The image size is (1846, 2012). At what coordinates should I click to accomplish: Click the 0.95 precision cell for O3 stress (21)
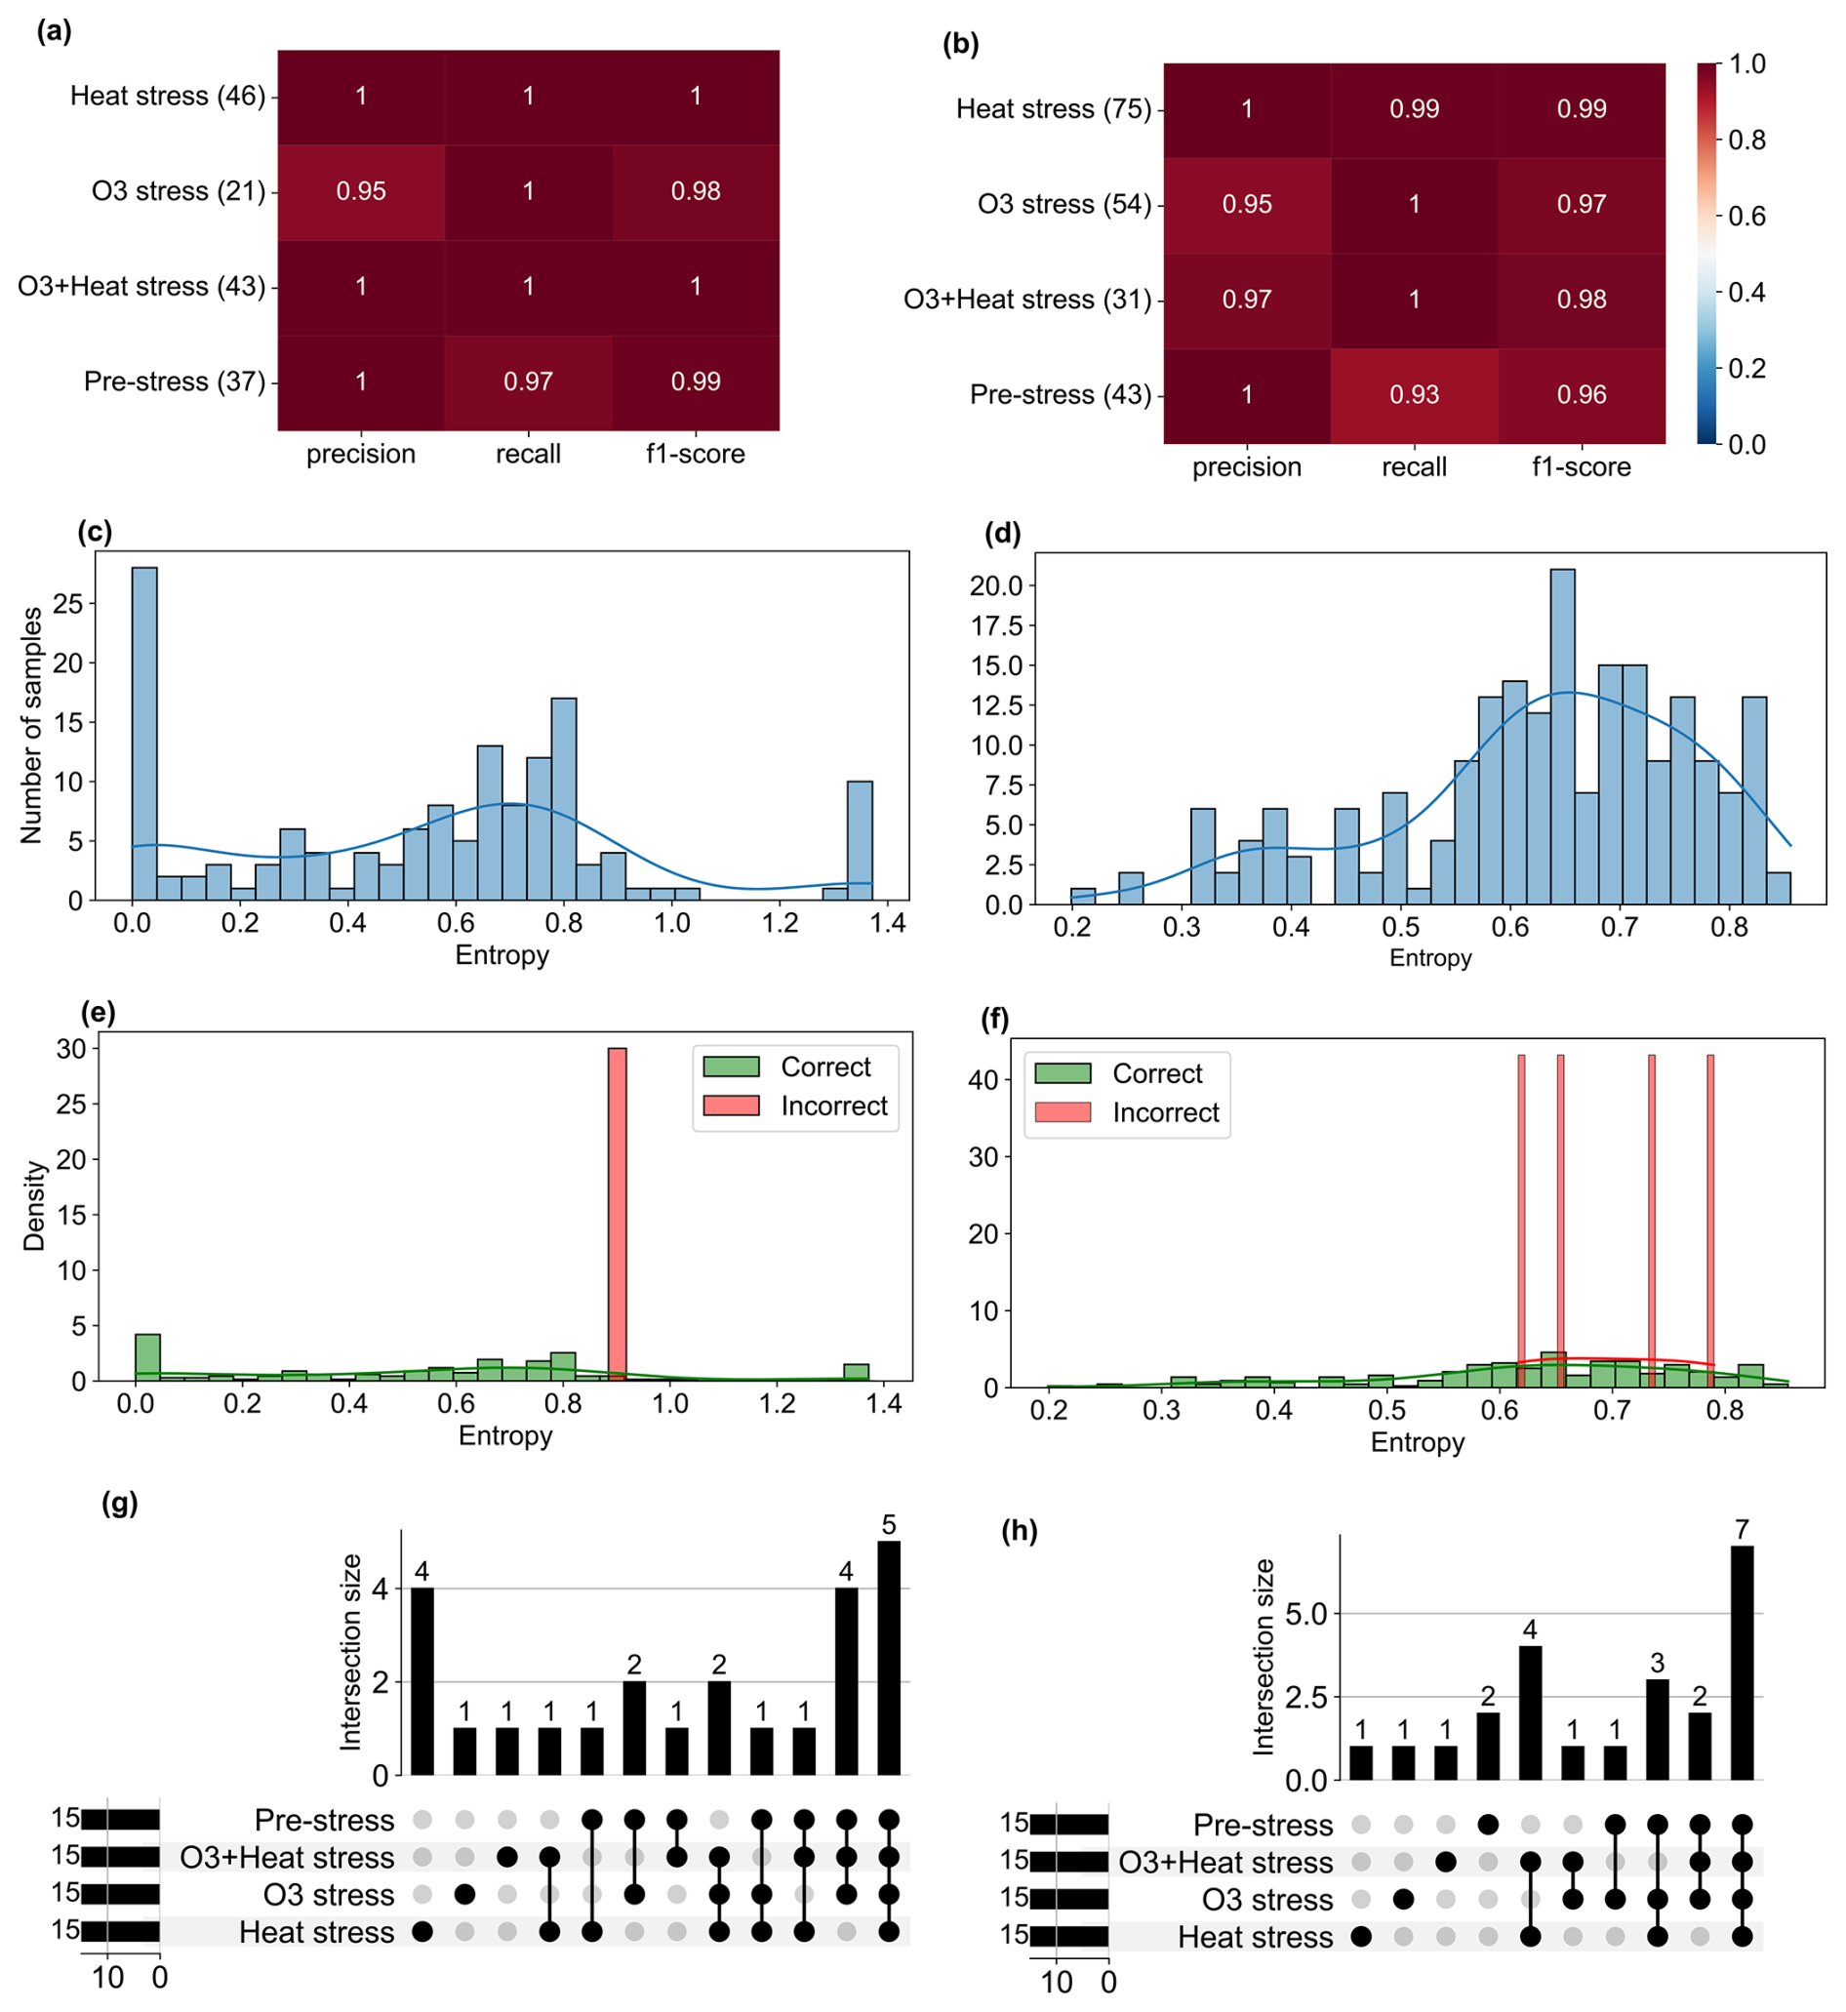coord(361,191)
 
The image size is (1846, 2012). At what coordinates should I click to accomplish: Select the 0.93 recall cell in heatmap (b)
coord(1414,394)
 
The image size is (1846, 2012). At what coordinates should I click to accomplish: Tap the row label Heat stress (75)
coord(1054,109)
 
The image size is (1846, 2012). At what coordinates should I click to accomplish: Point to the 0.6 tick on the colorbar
coord(1746,216)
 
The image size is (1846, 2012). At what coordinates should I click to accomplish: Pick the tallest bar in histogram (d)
coord(1562,737)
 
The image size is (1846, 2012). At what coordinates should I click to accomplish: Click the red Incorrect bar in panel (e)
coord(618,1214)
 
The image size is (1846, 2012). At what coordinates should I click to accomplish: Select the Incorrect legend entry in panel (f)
coord(1165,1113)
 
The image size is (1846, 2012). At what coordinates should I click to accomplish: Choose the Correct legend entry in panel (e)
coord(825,1066)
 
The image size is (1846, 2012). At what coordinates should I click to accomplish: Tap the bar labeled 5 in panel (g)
coord(889,1659)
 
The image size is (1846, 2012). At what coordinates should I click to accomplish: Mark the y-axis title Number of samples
coord(32,725)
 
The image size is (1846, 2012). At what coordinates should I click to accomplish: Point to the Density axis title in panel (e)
coord(34,1205)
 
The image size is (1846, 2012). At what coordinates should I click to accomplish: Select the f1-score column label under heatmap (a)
coord(696,455)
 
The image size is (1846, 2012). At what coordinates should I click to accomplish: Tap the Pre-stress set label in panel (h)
coord(1263,1826)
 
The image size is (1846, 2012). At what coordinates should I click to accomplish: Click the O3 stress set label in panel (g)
coord(329,1895)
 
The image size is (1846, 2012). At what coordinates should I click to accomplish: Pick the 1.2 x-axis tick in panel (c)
coord(781,923)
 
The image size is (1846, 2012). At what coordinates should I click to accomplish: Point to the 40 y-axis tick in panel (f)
coord(983,1080)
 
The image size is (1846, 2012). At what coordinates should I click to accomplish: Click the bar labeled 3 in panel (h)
coord(1657,1729)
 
